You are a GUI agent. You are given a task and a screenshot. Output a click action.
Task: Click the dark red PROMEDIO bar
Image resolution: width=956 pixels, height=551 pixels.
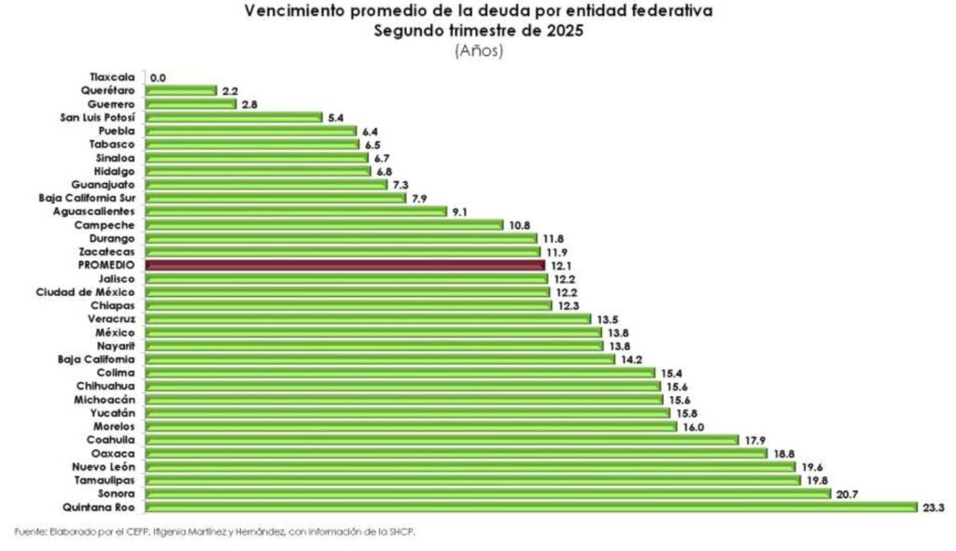(x=345, y=265)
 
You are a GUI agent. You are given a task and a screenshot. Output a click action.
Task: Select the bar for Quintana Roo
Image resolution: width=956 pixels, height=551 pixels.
(x=532, y=506)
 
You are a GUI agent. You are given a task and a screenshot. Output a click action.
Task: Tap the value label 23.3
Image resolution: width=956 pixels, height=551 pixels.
(x=934, y=506)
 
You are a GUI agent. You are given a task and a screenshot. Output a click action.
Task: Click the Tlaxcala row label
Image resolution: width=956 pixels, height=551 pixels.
(x=113, y=77)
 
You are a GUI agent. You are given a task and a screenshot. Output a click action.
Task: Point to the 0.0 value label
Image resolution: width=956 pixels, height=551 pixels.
(x=158, y=78)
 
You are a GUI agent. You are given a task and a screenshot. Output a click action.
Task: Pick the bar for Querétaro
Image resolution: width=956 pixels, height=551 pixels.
(x=181, y=91)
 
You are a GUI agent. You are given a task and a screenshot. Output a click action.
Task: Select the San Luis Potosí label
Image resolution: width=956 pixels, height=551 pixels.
(x=97, y=118)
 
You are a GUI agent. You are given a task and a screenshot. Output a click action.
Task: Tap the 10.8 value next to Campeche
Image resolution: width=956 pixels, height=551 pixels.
(x=519, y=225)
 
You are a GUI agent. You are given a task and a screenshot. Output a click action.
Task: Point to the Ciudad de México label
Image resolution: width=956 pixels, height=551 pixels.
(x=85, y=292)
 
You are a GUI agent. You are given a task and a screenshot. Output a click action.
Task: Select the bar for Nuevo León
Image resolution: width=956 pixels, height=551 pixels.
(x=471, y=466)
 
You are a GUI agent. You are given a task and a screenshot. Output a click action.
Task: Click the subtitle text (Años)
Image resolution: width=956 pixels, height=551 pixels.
(x=479, y=51)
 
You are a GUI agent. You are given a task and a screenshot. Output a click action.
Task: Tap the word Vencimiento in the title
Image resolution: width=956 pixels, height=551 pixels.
(x=291, y=12)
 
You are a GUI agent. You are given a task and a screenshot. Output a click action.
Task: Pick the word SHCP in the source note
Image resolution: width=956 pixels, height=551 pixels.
(x=397, y=531)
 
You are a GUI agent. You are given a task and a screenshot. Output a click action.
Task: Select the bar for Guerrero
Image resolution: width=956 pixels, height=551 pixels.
(x=191, y=104)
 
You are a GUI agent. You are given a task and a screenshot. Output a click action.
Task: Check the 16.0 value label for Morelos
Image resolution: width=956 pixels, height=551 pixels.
(x=693, y=426)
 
